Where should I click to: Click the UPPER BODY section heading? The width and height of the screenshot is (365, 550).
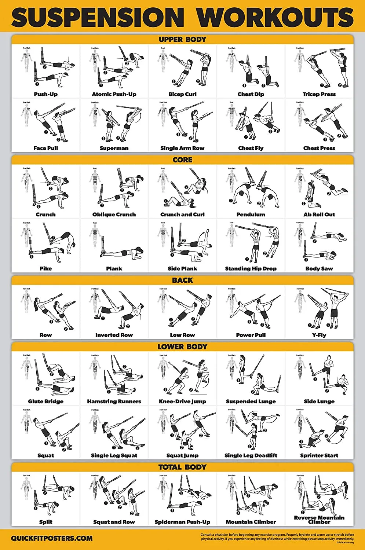[182, 40]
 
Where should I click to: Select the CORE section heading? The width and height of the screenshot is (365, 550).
[182, 160]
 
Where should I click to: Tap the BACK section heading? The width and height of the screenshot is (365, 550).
[182, 280]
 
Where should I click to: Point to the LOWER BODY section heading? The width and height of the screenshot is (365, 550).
[182, 347]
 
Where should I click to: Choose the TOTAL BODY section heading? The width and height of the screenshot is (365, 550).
[182, 467]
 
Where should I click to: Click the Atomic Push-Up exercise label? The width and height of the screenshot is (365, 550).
[114, 94]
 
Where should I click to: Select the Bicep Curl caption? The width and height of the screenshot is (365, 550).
[182, 94]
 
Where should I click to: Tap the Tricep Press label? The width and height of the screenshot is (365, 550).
[319, 94]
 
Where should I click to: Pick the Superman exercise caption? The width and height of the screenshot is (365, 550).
[114, 148]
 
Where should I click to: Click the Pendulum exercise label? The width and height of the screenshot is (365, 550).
[251, 214]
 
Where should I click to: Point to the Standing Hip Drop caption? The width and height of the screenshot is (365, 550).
[251, 268]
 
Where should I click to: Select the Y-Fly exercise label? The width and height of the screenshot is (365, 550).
[319, 335]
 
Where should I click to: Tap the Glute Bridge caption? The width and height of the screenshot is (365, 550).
[46, 401]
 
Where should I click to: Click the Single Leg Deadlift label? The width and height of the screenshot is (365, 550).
[251, 455]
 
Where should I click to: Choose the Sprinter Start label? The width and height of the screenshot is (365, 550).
[319, 455]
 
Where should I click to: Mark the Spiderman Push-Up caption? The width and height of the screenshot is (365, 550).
[182, 522]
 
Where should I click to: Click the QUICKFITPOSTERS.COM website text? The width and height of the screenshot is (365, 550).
[52, 539]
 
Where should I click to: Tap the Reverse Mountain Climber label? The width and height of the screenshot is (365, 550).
[319, 520]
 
